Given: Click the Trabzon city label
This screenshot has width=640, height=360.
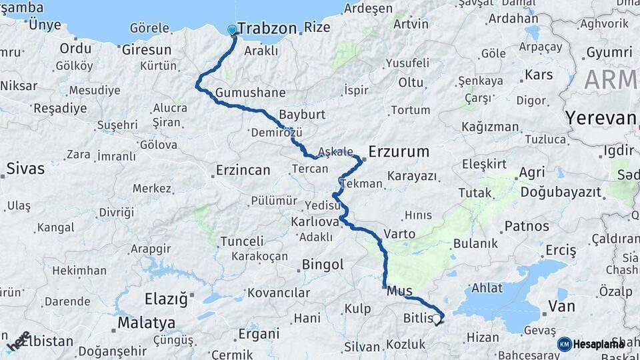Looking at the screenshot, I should click(267, 29).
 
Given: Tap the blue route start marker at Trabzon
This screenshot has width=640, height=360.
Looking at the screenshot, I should click(232, 30).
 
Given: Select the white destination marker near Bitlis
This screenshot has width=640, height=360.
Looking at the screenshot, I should click(436, 319).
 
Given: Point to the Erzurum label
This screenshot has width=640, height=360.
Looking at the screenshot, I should click(399, 152).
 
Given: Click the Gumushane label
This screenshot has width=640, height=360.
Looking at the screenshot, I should click(251, 93).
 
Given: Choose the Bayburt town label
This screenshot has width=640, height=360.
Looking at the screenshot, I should click(302, 115).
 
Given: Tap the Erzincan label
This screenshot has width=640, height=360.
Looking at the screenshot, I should click(243, 171).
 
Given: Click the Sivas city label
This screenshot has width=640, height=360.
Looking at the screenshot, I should click(25, 169).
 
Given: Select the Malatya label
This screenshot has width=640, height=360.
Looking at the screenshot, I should click(146, 323).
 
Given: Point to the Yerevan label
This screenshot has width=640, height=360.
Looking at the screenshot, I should click(600, 119).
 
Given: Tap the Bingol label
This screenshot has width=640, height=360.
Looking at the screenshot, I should click(323, 265).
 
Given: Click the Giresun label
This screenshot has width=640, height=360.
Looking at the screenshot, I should click(146, 49).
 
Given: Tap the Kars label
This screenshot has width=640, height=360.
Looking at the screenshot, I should click(539, 75).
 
